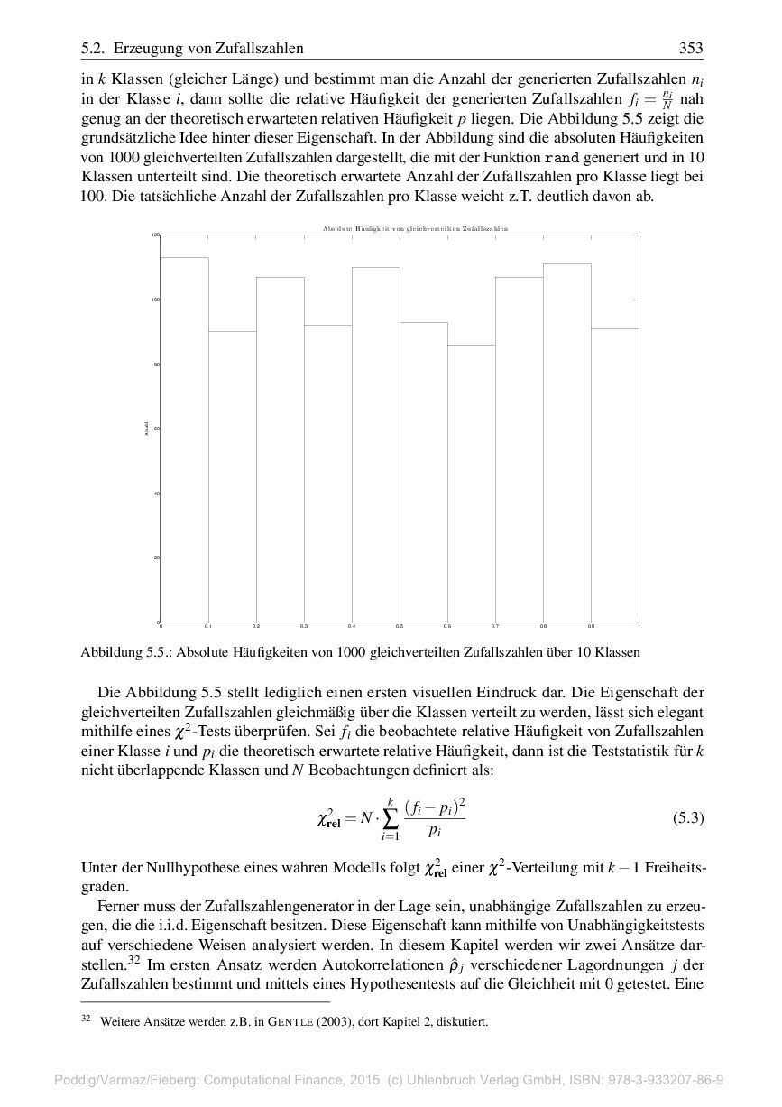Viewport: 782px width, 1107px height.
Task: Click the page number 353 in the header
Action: click(690, 49)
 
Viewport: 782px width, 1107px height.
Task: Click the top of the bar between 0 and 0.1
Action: click(184, 258)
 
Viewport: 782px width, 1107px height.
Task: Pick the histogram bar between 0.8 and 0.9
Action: click(566, 442)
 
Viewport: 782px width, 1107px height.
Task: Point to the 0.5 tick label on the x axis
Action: click(400, 626)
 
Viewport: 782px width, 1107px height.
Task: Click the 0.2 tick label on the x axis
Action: click(256, 626)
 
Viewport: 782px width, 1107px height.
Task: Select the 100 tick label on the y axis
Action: click(154, 300)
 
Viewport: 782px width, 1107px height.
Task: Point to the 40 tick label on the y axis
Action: click(155, 494)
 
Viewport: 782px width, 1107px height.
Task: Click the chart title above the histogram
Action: click(415, 229)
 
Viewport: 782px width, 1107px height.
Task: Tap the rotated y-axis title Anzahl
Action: click(146, 429)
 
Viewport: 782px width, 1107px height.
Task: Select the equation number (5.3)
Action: click(688, 818)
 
